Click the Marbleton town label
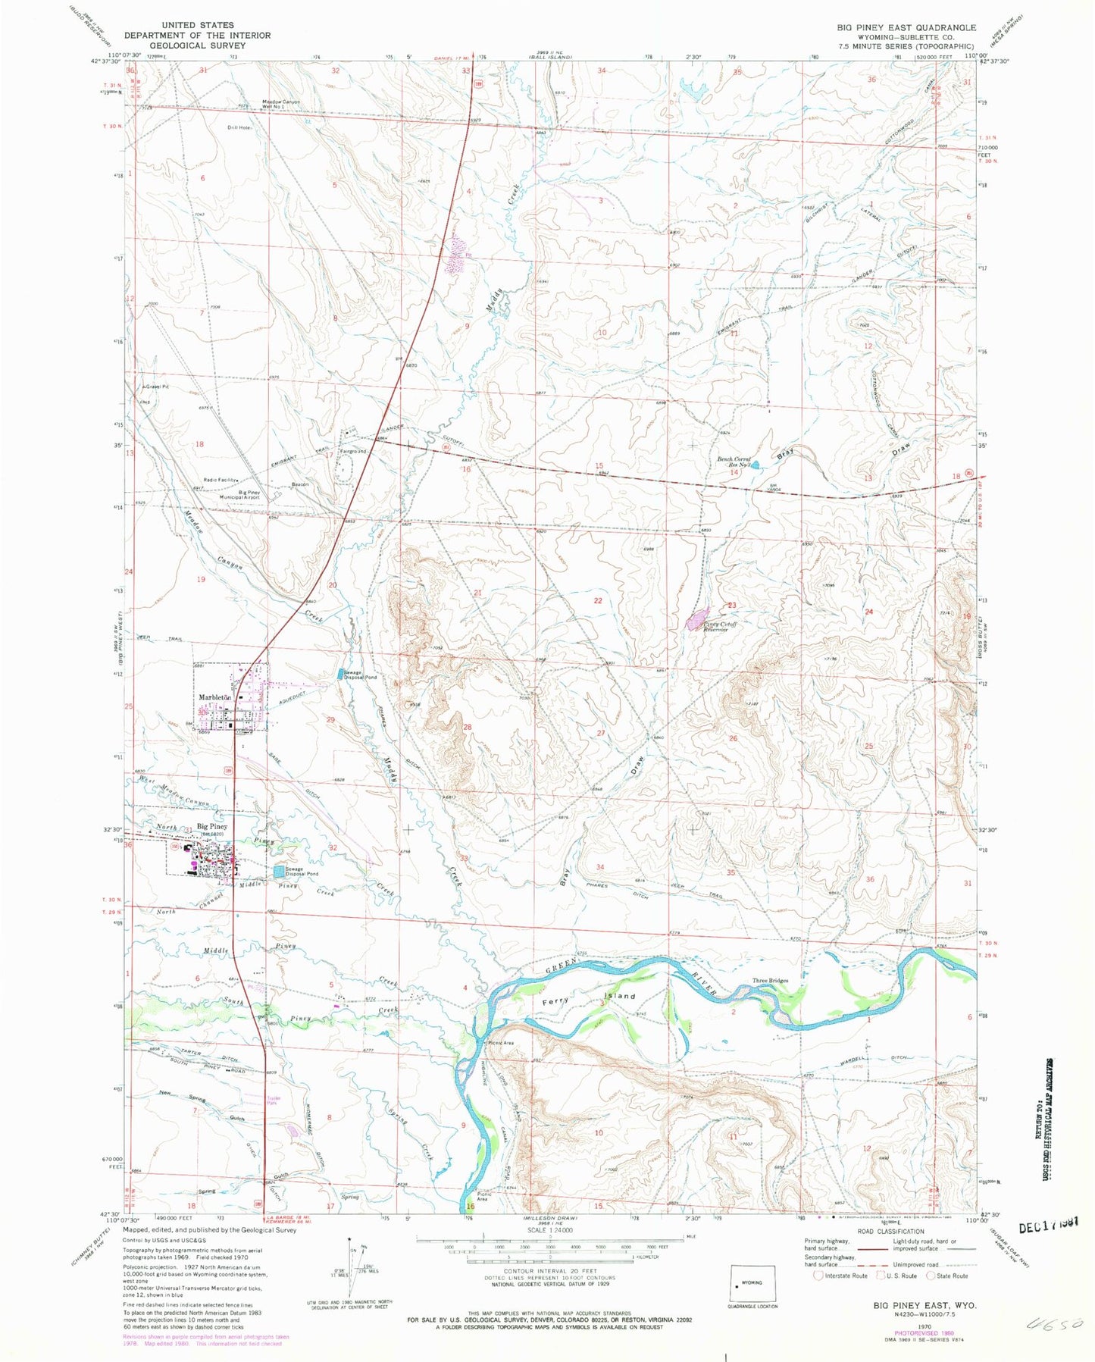click(214, 697)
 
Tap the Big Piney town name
click(212, 826)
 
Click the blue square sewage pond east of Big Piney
click(280, 873)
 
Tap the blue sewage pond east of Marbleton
click(340, 672)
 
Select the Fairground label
click(353, 451)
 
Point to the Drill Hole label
click(239, 127)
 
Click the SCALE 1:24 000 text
click(546, 1251)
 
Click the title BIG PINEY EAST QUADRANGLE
click(906, 27)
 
